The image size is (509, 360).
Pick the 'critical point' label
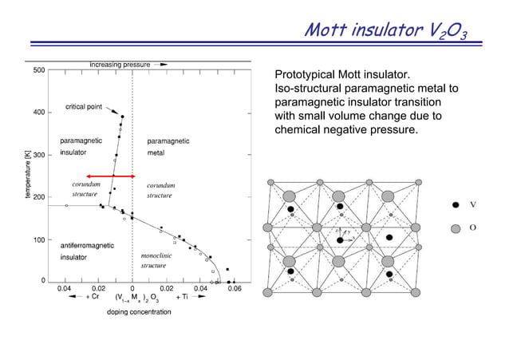[x=84, y=107]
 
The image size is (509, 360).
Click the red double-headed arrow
[x=111, y=176]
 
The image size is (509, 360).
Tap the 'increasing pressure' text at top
[x=120, y=63]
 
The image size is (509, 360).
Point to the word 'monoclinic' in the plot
[x=156, y=255]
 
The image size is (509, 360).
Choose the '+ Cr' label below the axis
[x=93, y=297]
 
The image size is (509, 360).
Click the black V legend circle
[x=456, y=204]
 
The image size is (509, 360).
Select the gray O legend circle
[x=456, y=227]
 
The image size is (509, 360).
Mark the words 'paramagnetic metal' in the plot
[x=168, y=147]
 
